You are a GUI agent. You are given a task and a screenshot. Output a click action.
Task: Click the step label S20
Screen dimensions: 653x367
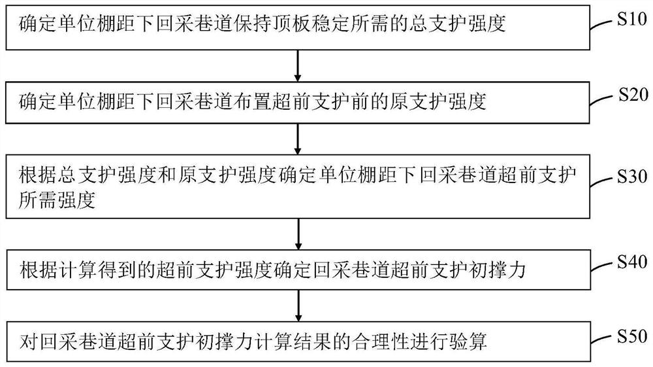tap(631, 95)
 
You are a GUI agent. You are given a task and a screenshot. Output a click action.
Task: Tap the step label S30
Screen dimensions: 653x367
tap(631, 177)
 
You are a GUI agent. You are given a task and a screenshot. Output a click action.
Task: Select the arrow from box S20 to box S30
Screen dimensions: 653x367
tap(298, 138)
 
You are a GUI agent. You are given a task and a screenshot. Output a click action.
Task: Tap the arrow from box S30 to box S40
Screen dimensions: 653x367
tap(298, 233)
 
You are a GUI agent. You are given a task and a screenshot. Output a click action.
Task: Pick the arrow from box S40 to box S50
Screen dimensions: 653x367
tap(298, 304)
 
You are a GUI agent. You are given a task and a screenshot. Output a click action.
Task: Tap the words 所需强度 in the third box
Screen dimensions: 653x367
tap(57, 200)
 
